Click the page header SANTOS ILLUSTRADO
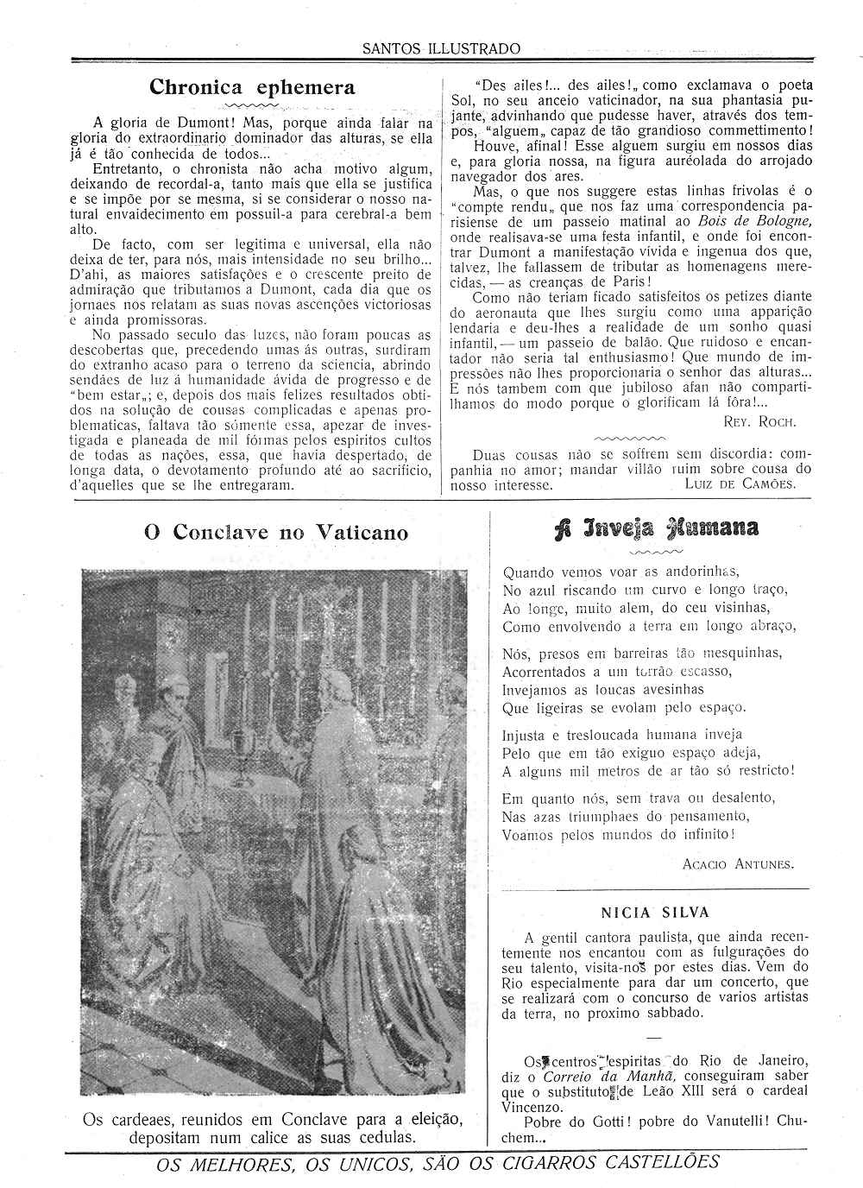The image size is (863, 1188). [x=441, y=49]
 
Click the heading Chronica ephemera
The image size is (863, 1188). [x=252, y=87]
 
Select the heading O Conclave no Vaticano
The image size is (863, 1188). [x=276, y=533]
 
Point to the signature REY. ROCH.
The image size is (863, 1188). [x=760, y=421]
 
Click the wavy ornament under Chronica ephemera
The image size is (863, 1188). [x=250, y=105]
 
